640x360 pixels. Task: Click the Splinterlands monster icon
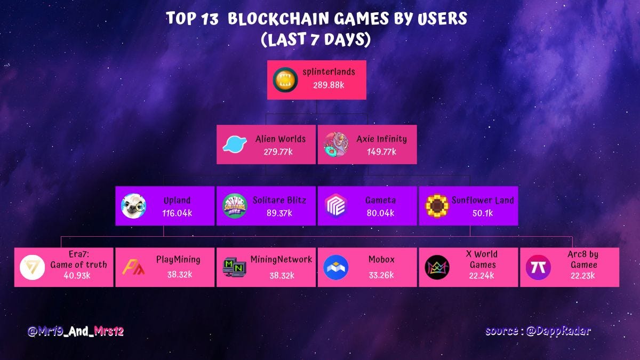[285, 80]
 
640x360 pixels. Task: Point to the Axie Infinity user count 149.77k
[381, 152]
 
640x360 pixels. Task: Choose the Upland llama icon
[133, 206]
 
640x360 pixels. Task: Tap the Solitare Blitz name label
[280, 201]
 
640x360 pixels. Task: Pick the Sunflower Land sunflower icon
[437, 206]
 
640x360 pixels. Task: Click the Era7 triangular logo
[32, 268]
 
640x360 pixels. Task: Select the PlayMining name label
[178, 260]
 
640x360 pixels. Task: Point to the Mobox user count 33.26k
[381, 275]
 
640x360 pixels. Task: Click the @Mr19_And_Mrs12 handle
[76, 331]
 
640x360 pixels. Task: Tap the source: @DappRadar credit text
[538, 331]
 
